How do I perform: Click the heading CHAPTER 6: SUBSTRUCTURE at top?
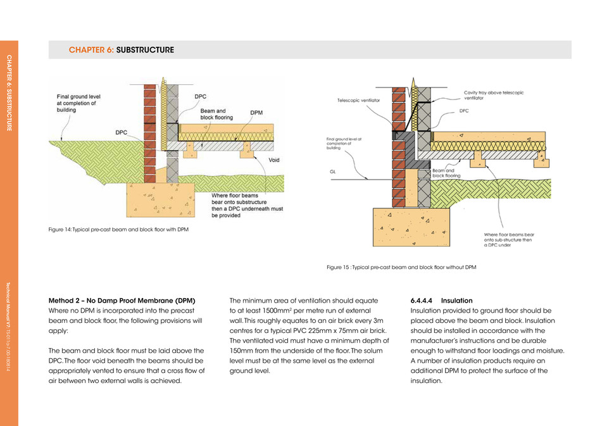(122, 50)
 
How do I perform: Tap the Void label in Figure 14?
(273, 160)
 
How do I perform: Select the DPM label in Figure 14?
(256, 113)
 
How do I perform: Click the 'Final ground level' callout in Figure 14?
(74, 103)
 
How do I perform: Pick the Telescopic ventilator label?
(358, 101)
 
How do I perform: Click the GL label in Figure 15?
(333, 172)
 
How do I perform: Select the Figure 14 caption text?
(118, 229)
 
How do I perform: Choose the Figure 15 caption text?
(401, 267)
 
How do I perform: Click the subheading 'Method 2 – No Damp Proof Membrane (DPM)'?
(122, 300)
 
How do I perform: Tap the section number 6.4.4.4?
(421, 300)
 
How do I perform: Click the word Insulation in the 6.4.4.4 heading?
(457, 300)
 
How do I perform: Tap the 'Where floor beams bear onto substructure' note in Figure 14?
(235, 205)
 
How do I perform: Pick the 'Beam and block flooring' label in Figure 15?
(442, 173)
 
